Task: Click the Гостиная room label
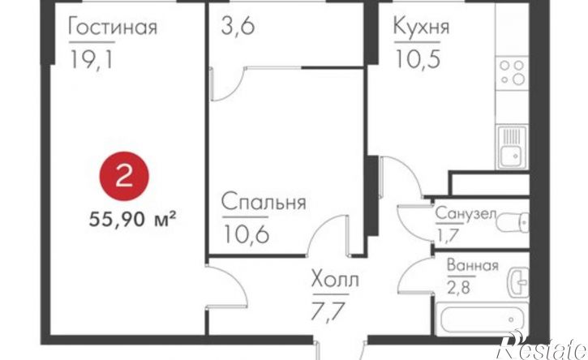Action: tap(112, 27)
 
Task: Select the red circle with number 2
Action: tap(124, 178)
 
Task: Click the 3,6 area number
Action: tap(238, 26)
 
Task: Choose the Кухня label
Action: tap(421, 27)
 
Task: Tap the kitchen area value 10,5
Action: tap(416, 58)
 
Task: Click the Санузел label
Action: tap(466, 214)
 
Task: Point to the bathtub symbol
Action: tap(482, 319)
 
